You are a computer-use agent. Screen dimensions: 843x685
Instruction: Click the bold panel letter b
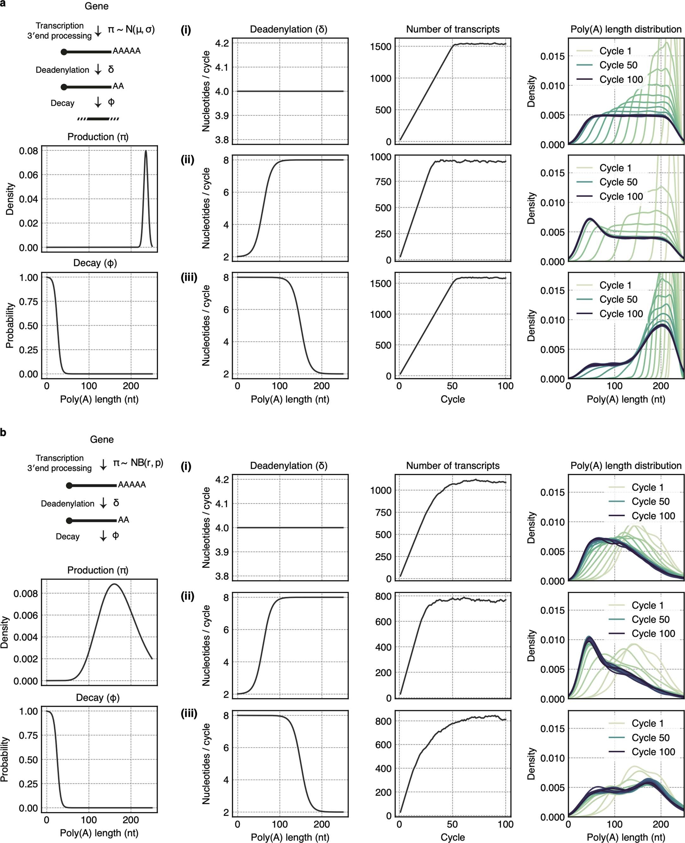point(3,433)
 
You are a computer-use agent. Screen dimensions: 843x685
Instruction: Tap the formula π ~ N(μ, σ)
point(131,30)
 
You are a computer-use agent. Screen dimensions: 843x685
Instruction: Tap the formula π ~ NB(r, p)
point(138,463)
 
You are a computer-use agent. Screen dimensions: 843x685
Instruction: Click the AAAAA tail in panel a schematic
point(126,51)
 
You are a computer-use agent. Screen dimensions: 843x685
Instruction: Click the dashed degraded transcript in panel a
point(98,119)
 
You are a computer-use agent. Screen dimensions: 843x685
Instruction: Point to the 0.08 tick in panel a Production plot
point(28,151)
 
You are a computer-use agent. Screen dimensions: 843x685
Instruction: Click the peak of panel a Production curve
point(146,151)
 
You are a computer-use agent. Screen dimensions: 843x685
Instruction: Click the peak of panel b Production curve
point(114,584)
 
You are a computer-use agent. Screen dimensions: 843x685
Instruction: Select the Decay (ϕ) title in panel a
point(95,263)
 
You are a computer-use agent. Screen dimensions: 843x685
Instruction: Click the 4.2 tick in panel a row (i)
point(222,43)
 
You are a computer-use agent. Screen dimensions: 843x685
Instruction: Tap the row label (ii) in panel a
point(187,160)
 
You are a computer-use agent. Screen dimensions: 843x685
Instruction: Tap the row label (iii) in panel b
point(189,714)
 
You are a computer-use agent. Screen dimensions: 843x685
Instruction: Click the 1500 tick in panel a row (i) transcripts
point(380,46)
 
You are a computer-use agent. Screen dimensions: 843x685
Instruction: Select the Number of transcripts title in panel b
point(452,466)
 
